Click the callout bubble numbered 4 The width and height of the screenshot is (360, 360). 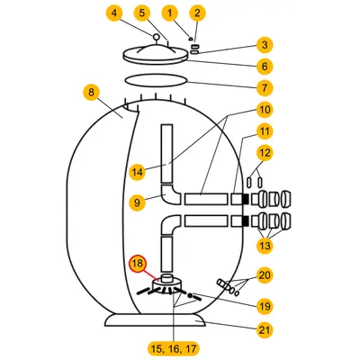pyautogui.click(x=114, y=13)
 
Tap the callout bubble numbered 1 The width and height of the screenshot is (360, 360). pyautogui.click(x=170, y=13)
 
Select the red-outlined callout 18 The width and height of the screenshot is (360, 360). pyautogui.click(x=137, y=265)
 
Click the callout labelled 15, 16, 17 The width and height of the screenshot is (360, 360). pyautogui.click(x=174, y=349)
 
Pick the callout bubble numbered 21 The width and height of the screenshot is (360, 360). pyautogui.click(x=265, y=330)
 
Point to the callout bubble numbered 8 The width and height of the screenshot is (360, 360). pyautogui.click(x=91, y=93)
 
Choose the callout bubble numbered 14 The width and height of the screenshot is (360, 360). pyautogui.click(x=137, y=172)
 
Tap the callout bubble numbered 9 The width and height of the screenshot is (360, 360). pyautogui.click(x=137, y=202)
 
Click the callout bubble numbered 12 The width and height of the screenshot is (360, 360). pyautogui.click(x=265, y=153)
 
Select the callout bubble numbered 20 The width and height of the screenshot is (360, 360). pyautogui.click(x=265, y=275)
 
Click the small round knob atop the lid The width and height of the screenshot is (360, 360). pyautogui.click(x=156, y=37)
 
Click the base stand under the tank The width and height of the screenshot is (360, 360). pyautogui.click(x=156, y=320)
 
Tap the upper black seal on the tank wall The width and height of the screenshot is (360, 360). pyautogui.click(x=245, y=199)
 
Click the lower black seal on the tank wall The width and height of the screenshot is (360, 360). pyautogui.click(x=245, y=220)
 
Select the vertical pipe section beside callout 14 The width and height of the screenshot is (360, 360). pyautogui.click(x=166, y=154)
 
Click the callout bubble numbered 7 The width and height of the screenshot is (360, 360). pyautogui.click(x=265, y=88)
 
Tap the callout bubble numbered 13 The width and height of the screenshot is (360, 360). pyautogui.click(x=265, y=246)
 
